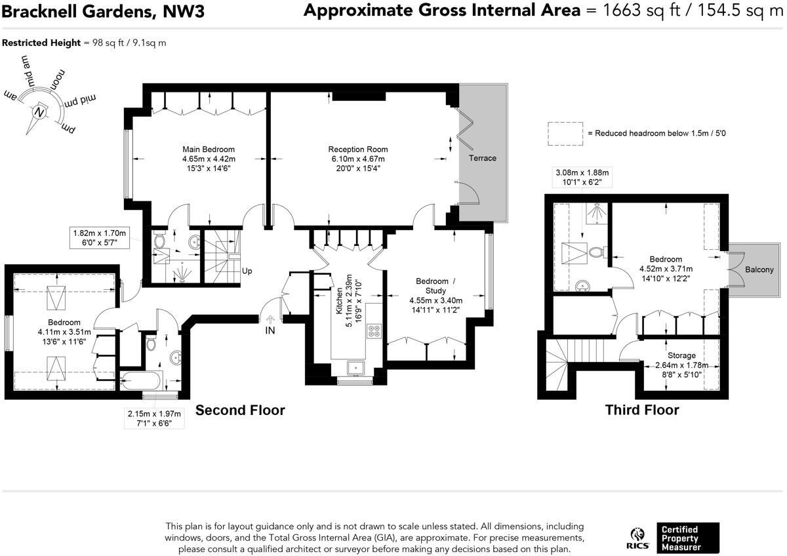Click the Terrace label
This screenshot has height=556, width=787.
(482, 158)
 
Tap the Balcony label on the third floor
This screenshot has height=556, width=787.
(759, 269)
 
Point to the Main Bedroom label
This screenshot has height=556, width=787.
(209, 149)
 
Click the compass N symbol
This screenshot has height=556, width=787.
(41, 112)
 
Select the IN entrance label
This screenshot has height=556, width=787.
(270, 331)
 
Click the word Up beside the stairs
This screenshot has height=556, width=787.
(247, 271)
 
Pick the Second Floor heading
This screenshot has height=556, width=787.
(240, 410)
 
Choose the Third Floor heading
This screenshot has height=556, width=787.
(641, 410)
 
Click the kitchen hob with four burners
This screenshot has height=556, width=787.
(374, 331)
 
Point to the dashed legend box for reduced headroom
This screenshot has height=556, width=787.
(565, 133)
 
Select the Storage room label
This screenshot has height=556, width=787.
(681, 355)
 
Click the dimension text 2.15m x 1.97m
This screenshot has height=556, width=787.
(154, 414)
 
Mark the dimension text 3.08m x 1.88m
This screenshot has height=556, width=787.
(582, 172)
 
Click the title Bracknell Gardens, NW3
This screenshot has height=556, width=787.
(104, 11)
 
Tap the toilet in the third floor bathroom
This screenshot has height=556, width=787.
(597, 252)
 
